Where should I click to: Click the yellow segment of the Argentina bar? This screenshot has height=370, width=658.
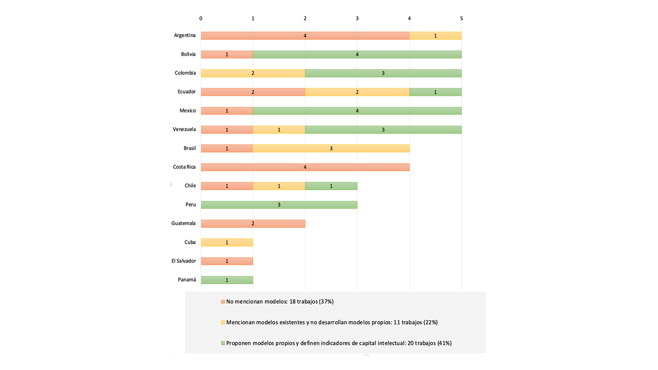pyautogui.click(x=435, y=35)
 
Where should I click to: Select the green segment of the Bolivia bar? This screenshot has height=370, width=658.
pyautogui.click(x=357, y=54)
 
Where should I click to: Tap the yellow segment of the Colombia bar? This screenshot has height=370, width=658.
pyautogui.click(x=253, y=73)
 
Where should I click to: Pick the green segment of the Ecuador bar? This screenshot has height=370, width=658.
pyautogui.click(x=435, y=92)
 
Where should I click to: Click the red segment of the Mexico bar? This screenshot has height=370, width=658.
pyautogui.click(x=227, y=110)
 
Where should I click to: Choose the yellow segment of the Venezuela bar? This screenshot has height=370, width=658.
pyautogui.click(x=279, y=129)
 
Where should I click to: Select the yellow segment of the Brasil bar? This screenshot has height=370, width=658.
pyautogui.click(x=331, y=149)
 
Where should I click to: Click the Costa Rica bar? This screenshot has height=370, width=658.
pyautogui.click(x=305, y=167)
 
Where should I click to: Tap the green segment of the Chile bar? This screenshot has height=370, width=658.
pyautogui.click(x=331, y=186)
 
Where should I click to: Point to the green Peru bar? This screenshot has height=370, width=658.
pyautogui.click(x=279, y=205)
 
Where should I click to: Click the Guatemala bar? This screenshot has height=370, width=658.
pyautogui.click(x=253, y=224)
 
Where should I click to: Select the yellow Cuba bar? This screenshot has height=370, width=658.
pyautogui.click(x=227, y=242)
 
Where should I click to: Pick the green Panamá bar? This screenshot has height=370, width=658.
pyautogui.click(x=227, y=280)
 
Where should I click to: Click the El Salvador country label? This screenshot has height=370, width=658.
pyautogui.click(x=184, y=261)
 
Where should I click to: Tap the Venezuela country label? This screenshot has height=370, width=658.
pyautogui.click(x=184, y=129)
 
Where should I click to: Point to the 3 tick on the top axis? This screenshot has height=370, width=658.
pyautogui.click(x=357, y=18)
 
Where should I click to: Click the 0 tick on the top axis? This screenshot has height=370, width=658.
pyautogui.click(x=200, y=18)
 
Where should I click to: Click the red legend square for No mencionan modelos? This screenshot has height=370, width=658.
pyautogui.click(x=223, y=302)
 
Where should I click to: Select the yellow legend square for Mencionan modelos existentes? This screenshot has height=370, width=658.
pyautogui.click(x=223, y=322)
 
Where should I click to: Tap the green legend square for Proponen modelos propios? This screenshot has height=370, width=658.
pyautogui.click(x=223, y=343)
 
